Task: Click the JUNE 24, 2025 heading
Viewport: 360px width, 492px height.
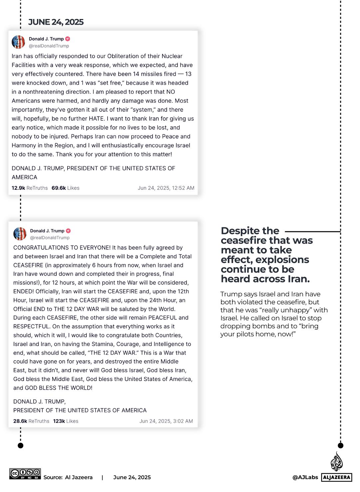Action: (56, 22)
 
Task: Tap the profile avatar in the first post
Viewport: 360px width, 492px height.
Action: (18, 42)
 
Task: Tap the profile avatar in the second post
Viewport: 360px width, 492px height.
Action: (20, 234)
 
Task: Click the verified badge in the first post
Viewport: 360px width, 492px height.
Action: (68, 39)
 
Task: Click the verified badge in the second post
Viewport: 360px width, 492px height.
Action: (68, 231)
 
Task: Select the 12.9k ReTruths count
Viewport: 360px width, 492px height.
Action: (30, 188)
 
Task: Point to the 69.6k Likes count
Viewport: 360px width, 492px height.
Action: (66, 188)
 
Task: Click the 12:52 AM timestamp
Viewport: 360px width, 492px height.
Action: (166, 188)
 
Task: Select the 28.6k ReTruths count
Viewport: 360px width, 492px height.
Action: (31, 421)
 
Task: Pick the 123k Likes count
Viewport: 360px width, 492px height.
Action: (66, 421)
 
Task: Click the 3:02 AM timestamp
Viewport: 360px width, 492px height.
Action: (166, 421)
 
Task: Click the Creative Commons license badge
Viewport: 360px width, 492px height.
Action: (25, 474)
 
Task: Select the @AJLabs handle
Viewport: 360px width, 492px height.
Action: (305, 477)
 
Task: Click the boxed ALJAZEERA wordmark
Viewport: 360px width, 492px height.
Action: (337, 477)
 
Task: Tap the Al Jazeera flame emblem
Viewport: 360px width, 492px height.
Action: (336, 461)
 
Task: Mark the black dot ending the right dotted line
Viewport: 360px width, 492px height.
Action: (340, 446)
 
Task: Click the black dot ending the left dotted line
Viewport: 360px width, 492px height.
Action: (21, 446)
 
